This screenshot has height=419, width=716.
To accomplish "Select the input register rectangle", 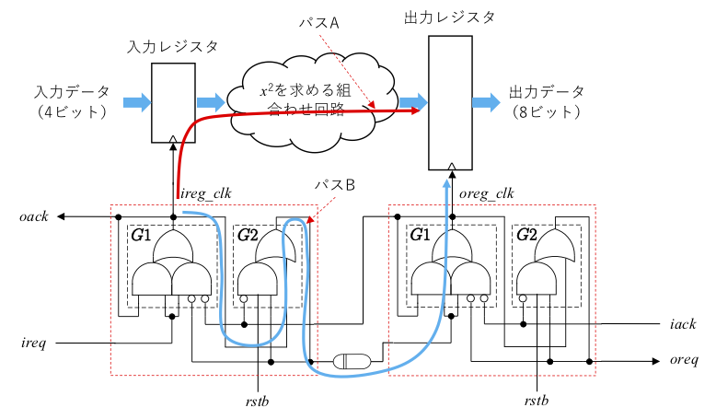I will (173, 102).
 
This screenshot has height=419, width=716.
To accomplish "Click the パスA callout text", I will (322, 25).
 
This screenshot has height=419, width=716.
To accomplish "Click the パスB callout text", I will (333, 184).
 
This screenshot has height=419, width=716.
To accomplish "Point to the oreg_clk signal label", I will (485, 193).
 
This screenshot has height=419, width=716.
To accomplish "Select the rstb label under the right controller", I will (537, 401).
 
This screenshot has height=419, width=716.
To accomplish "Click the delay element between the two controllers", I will (352, 361).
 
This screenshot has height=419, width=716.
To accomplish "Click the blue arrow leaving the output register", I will (486, 101).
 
